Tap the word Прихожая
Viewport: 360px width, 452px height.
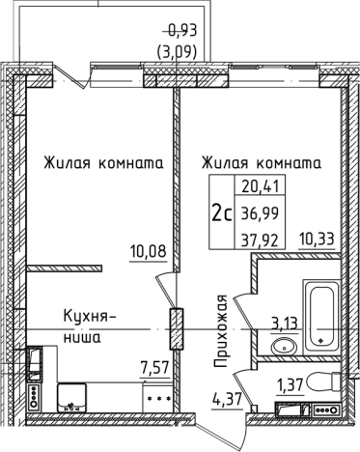tap(220, 334)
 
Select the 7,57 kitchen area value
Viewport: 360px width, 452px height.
tap(154, 366)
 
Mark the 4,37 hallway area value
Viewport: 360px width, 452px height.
tap(225, 396)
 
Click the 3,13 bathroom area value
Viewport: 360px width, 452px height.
tap(284, 323)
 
